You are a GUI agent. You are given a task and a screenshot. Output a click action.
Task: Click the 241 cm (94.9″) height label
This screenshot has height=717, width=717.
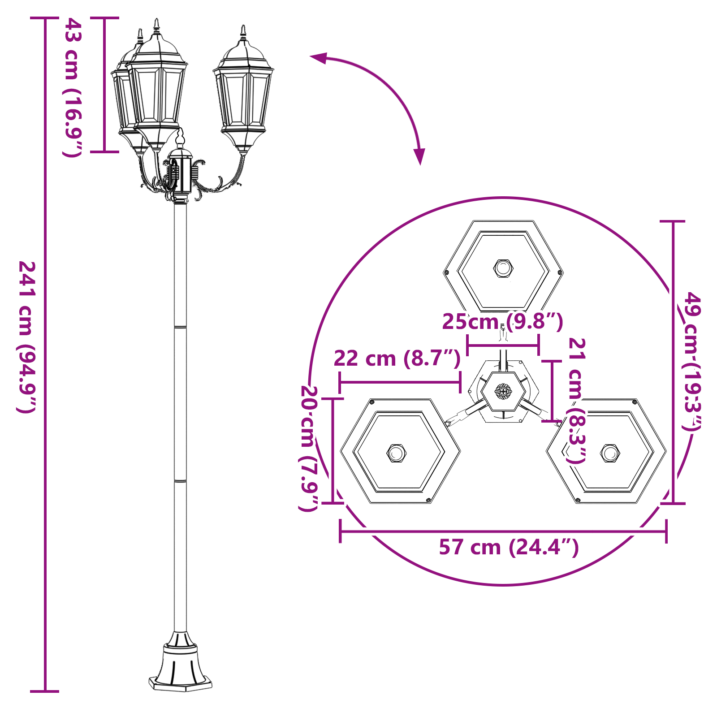click(x=27, y=336)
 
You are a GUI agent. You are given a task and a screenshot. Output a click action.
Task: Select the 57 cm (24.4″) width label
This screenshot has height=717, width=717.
click(x=509, y=547)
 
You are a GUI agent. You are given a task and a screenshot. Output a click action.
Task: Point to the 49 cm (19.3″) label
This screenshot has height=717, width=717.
click(x=693, y=361)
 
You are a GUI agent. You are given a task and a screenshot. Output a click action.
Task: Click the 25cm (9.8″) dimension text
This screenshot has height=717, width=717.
click(x=502, y=321)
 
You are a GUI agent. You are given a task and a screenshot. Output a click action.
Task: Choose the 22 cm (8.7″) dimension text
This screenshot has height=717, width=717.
click(x=397, y=358)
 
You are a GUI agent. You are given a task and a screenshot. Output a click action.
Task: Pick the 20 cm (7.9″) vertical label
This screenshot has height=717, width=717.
click(x=308, y=448)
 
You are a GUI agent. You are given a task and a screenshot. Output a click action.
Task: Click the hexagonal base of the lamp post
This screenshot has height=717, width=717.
click(x=180, y=683)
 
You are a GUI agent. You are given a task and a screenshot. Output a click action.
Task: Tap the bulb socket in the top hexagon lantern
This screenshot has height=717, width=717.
click(x=503, y=268)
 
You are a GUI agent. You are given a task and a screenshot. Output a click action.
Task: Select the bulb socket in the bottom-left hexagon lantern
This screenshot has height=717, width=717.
click(x=396, y=453)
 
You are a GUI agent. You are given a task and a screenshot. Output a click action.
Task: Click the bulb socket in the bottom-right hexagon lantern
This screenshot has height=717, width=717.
click(x=610, y=453)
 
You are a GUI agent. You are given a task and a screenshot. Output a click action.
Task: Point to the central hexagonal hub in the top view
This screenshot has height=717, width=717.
click(x=503, y=391)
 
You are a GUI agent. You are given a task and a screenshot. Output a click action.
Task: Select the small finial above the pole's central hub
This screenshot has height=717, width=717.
click(x=180, y=137)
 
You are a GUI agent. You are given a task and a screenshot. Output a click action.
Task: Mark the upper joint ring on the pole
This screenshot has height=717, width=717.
click(x=180, y=327)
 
